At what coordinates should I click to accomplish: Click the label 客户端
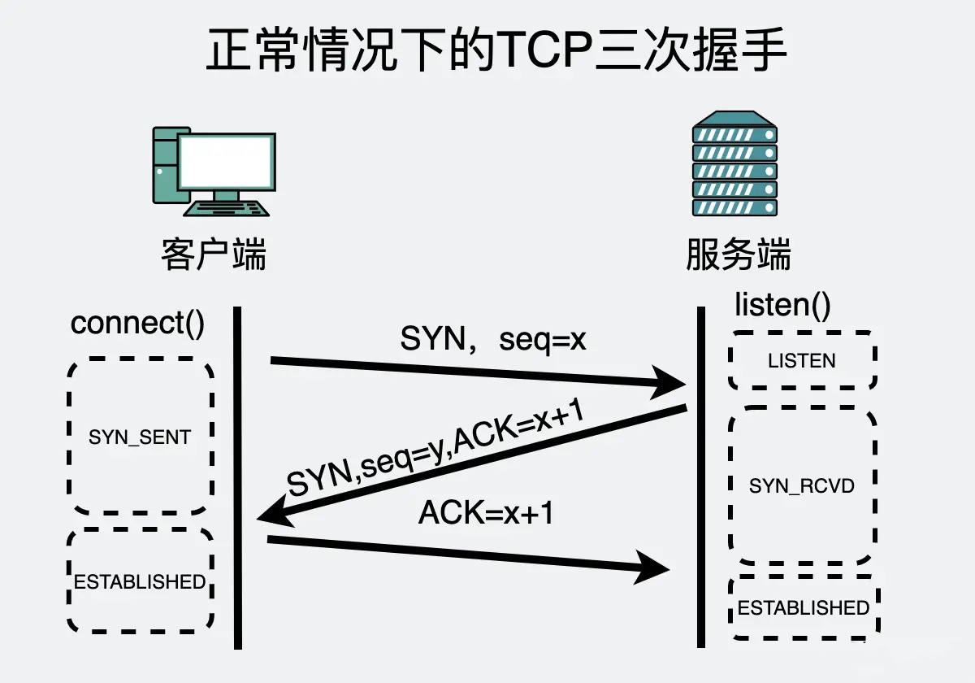click(214, 254)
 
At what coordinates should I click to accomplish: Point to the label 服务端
click(738, 254)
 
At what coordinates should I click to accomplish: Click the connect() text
click(138, 323)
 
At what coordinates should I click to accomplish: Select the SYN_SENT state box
click(140, 437)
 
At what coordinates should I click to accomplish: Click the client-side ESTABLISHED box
click(140, 581)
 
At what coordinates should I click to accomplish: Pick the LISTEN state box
click(802, 360)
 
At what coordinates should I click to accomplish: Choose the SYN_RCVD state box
click(802, 486)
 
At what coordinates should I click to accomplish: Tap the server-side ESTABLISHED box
click(804, 607)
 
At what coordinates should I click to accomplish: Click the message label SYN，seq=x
click(493, 339)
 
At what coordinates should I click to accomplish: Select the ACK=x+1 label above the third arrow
click(486, 513)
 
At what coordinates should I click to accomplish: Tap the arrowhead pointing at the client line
click(272, 513)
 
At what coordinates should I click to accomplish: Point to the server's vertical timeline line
click(700, 480)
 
